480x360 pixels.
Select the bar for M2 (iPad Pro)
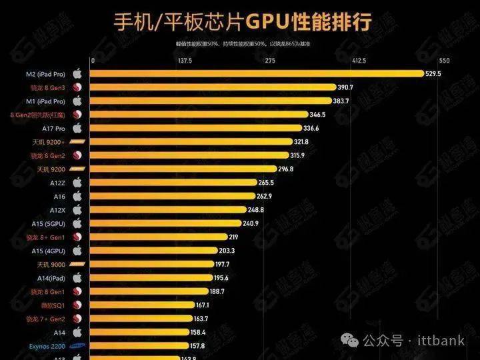257,73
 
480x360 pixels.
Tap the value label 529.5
433,73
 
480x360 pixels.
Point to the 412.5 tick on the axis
359,61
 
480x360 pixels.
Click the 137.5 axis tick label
185,61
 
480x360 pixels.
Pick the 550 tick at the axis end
445,61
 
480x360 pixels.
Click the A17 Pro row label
53,128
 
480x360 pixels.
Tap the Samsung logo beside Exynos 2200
77,346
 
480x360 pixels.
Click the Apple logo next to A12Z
77,183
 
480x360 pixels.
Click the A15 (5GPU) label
48,223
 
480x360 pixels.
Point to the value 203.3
227,251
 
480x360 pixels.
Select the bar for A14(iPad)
151,278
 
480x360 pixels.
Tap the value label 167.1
202,305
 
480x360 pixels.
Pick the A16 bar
172,196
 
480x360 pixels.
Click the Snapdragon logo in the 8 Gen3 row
77,87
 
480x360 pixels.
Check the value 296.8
285,169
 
